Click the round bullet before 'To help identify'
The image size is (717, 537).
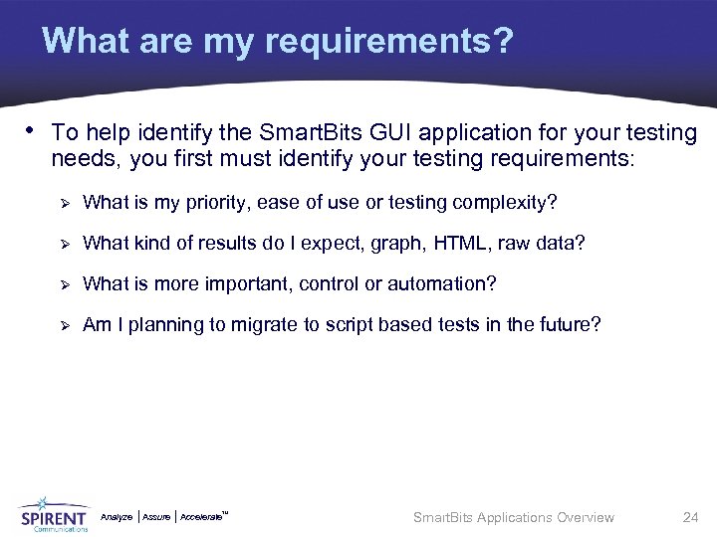coord(32,129)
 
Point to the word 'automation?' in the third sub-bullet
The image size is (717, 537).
coord(442,283)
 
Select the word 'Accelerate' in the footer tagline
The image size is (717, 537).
coord(202,517)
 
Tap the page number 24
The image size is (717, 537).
coord(690,517)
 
